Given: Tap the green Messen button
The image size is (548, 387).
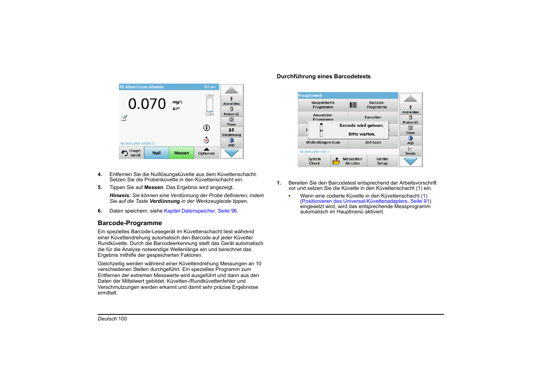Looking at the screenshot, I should [181, 153].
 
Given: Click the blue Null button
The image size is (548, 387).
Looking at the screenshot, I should [156, 153].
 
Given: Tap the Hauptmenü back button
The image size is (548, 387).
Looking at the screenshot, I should [131, 153].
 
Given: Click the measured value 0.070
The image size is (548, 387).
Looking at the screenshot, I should [147, 104].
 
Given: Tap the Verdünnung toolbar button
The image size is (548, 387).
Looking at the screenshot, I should [231, 132].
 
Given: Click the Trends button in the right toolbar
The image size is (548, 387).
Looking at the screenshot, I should [410, 151].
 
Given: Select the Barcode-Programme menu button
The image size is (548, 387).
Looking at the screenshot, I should [373, 105].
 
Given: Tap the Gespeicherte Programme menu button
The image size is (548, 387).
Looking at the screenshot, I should [323, 105].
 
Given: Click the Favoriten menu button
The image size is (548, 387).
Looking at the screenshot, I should [373, 117].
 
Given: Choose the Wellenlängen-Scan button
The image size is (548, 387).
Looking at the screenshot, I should [323, 143].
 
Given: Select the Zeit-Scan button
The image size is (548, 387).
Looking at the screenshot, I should [373, 143].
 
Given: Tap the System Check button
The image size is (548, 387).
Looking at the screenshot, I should [314, 161].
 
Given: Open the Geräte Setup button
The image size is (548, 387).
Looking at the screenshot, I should [382, 161].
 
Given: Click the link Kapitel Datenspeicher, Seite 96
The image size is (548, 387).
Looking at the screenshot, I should [201, 211].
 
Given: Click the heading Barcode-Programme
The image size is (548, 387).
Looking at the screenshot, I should [130, 223].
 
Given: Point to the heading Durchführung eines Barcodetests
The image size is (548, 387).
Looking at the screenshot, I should [324, 76].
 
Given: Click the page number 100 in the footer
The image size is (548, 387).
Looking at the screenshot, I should [123, 319].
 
